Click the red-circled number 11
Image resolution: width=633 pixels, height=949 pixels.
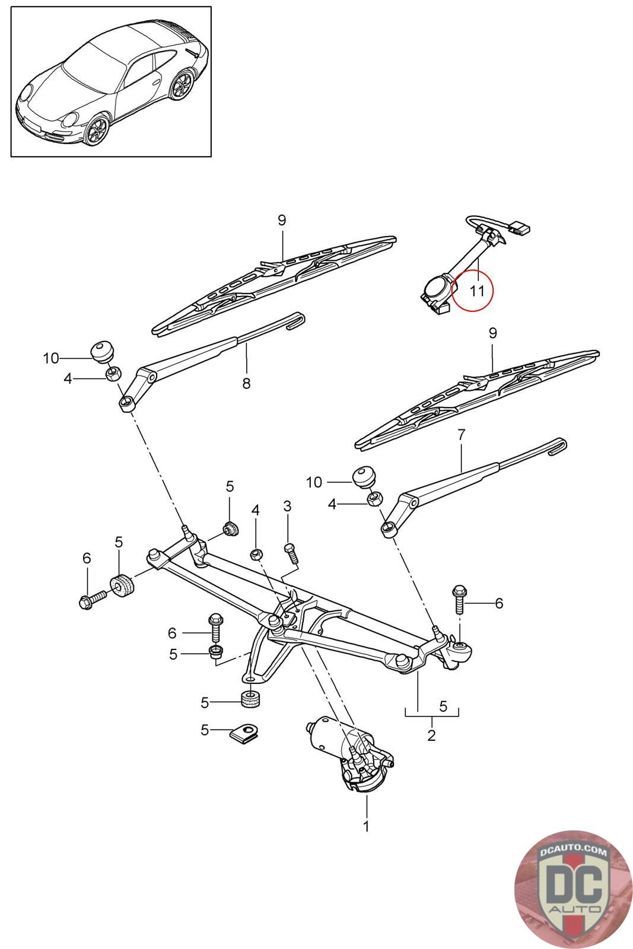pos(476,291)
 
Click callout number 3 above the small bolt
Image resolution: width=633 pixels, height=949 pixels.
pos(287,505)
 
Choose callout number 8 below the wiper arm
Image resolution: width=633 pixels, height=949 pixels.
pos(246,383)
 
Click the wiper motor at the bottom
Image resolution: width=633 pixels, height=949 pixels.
pos(350,754)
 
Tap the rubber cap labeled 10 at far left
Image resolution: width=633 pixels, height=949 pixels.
pos(103,351)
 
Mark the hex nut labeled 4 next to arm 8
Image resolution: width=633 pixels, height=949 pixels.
pos(113,374)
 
